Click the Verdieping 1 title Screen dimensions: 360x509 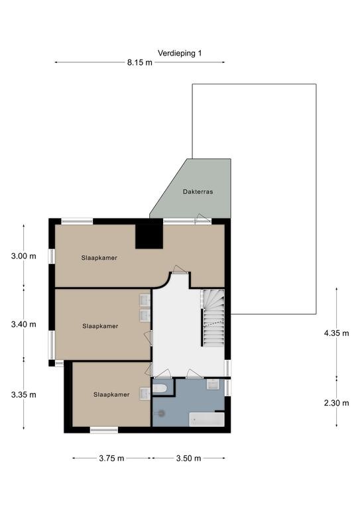click(180, 53)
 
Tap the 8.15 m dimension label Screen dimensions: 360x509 click(140, 62)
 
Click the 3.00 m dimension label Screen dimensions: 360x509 click(24, 256)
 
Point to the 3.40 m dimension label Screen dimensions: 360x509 click(24, 324)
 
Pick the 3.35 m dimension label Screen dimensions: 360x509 click(24, 395)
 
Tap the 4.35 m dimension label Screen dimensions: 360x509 click(336, 333)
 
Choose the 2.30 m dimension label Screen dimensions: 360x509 click(336, 403)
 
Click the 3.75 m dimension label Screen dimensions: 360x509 click(111, 458)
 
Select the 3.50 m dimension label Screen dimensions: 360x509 click(188, 458)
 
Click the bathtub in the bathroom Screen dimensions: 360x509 click(207, 420)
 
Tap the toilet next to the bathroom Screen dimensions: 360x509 click(159, 388)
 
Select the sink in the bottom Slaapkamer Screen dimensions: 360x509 click(145, 394)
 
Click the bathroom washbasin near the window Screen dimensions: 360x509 click(213, 384)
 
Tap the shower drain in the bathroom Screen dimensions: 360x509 click(162, 414)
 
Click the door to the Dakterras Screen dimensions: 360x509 click(204, 219)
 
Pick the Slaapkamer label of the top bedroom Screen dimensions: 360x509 click(99, 258)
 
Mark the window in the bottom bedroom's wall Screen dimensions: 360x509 click(104, 430)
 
